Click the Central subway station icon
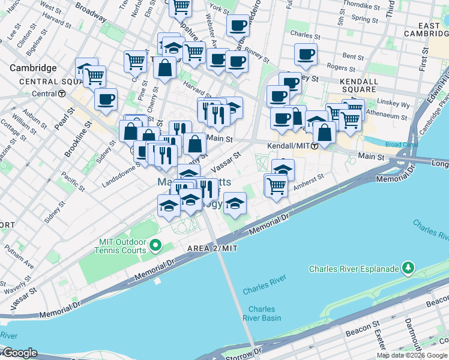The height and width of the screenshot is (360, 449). coord(62,94)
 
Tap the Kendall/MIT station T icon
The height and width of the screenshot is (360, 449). coord(315,146)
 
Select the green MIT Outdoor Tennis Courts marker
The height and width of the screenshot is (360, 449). coord(156,245)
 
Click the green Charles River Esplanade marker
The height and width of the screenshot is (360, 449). coord(408,266)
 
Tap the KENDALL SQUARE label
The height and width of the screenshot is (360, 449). coord(358,86)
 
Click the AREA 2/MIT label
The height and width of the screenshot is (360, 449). coord(212,248)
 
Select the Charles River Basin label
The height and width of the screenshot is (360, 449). coord(262,314)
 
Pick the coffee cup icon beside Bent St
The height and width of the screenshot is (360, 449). coord(306,55)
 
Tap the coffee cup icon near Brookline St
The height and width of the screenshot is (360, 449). coord(106,99)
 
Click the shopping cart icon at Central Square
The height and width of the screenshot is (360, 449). coord(94,76)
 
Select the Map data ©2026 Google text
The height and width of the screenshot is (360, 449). coord(412,355)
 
